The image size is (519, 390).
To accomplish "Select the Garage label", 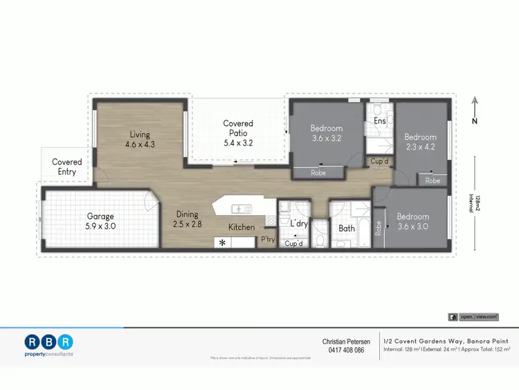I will pos(100,220).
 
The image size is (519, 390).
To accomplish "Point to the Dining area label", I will pos(186,219).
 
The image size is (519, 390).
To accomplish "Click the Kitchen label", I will pos(242,227).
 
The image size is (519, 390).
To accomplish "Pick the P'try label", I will pos(267,240).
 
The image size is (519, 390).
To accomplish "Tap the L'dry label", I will pos(299,224).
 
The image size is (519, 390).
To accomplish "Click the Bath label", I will pos(347,228).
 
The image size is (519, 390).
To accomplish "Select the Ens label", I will pos(379,121).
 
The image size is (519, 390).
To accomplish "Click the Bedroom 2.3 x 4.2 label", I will pos(421,142).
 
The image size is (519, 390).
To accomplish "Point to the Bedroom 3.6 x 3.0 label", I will pos(412,221).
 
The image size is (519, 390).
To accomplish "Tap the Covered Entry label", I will pos(67,167).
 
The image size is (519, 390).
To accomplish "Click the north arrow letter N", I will pos(475,121).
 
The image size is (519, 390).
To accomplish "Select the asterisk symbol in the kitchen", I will pos(222,243).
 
